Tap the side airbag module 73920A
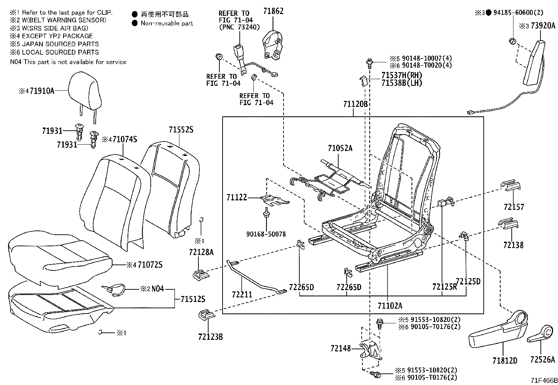(535, 63)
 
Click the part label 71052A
(340, 148)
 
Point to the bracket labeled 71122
(275, 200)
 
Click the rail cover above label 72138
(508, 224)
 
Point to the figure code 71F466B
(543, 380)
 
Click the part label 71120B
(355, 104)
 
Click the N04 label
(158, 289)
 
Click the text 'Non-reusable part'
(167, 23)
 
